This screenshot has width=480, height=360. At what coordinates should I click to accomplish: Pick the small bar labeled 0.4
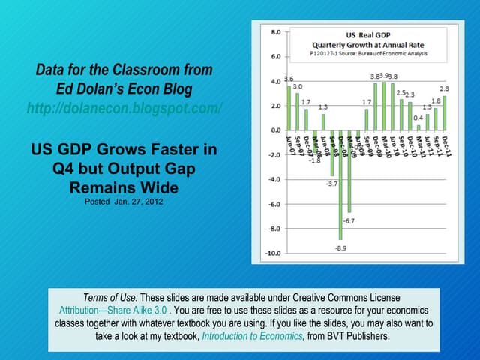click(x=418, y=127)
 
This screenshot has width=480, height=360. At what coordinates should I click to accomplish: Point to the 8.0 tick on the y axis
click(x=275, y=32)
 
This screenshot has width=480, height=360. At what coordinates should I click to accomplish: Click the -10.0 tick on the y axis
click(x=273, y=253)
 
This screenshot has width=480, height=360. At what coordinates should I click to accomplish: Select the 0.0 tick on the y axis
click(x=275, y=130)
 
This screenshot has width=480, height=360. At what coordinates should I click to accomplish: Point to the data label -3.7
click(x=331, y=184)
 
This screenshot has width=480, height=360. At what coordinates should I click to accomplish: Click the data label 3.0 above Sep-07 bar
click(x=298, y=87)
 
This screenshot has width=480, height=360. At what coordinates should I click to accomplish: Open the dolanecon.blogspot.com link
click(x=124, y=108)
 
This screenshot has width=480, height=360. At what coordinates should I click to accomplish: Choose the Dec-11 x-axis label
click(x=445, y=142)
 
